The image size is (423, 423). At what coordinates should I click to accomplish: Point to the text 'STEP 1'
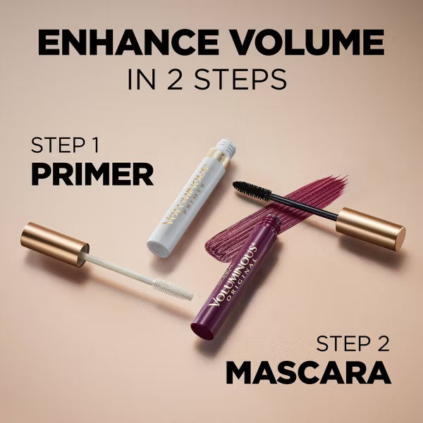[64, 146]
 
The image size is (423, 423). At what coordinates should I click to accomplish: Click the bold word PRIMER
[92, 173]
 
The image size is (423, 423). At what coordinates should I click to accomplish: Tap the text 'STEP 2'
[353, 344]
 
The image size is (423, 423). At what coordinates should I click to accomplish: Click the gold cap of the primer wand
[56, 244]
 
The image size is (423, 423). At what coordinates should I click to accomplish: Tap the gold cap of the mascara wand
[369, 228]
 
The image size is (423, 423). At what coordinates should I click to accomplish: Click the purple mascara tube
[233, 282]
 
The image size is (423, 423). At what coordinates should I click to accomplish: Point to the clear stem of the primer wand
[120, 265]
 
